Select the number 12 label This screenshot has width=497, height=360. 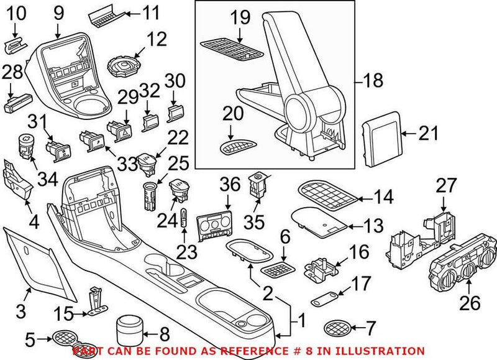157,40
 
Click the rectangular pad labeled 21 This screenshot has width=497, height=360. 380,142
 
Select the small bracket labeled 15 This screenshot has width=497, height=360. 95,299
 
